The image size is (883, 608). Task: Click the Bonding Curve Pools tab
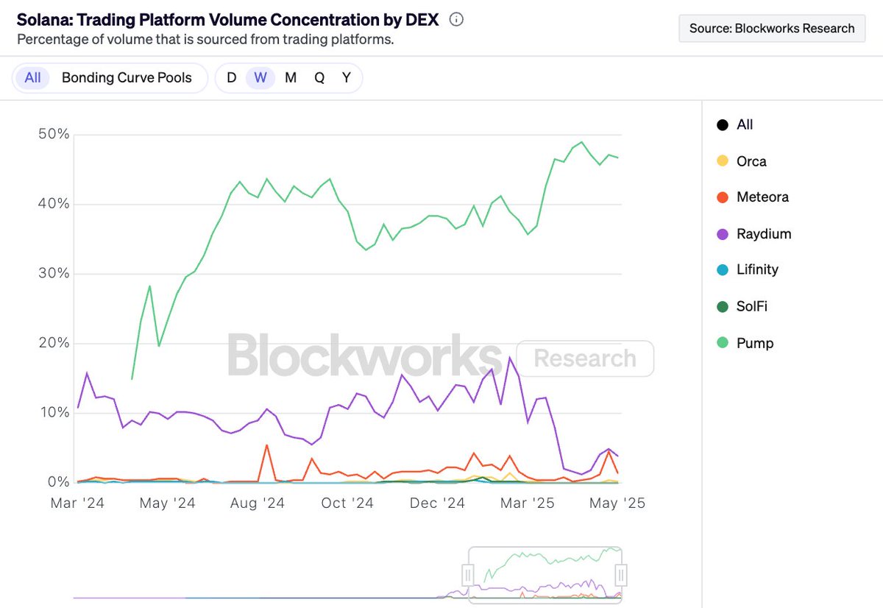click(127, 78)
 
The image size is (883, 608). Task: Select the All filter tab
click(32, 78)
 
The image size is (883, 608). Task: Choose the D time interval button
click(231, 78)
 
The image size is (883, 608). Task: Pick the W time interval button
click(260, 78)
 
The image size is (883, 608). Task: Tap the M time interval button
click(291, 78)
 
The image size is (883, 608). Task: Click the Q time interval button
click(319, 78)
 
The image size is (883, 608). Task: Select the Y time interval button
click(347, 78)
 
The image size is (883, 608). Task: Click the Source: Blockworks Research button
click(771, 29)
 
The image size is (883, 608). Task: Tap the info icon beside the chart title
click(456, 20)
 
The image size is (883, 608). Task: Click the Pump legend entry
click(754, 343)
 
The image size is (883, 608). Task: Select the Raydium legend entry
click(763, 234)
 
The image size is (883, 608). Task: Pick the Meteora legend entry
click(762, 197)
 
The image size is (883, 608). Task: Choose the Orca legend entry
click(751, 161)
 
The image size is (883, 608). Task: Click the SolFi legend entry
click(751, 306)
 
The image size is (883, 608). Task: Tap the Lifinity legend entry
click(757, 269)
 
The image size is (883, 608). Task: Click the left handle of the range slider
click(467, 573)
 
